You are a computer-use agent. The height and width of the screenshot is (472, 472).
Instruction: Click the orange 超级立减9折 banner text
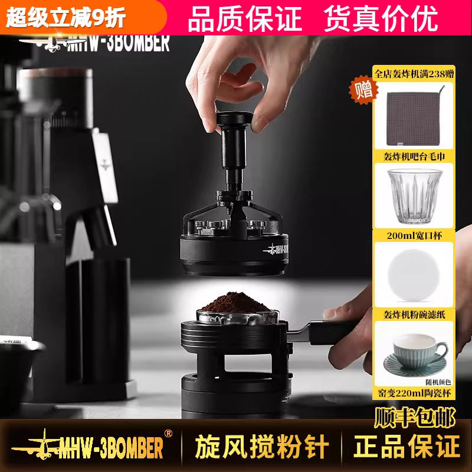pos(65,17)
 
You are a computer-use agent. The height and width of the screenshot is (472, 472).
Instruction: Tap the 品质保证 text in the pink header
pos(245,19)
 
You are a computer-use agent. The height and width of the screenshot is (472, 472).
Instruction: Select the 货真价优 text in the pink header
pos(381,19)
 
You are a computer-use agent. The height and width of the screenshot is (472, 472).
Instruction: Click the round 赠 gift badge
pos(363,90)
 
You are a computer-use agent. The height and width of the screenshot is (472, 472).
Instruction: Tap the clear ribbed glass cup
pos(414,196)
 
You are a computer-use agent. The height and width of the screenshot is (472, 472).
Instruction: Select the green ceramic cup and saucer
pos(416,355)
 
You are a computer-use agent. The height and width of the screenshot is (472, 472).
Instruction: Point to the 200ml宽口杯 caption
pos(414,235)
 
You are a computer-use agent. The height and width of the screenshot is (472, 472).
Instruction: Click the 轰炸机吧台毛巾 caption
pos(414,156)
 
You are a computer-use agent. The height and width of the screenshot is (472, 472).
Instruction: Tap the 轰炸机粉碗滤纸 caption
pos(414,314)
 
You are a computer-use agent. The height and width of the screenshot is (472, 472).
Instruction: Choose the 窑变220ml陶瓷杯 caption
pos(414,393)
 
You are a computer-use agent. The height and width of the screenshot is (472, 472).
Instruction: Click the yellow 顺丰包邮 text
pos(415,417)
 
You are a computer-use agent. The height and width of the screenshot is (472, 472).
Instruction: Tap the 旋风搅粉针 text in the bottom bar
pos(261,447)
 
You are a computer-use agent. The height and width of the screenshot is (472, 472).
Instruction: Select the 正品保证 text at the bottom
pos(407,447)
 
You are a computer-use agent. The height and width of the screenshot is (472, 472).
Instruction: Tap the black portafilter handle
pos(331,332)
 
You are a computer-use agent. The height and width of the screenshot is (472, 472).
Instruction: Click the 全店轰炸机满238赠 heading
pos(414,73)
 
